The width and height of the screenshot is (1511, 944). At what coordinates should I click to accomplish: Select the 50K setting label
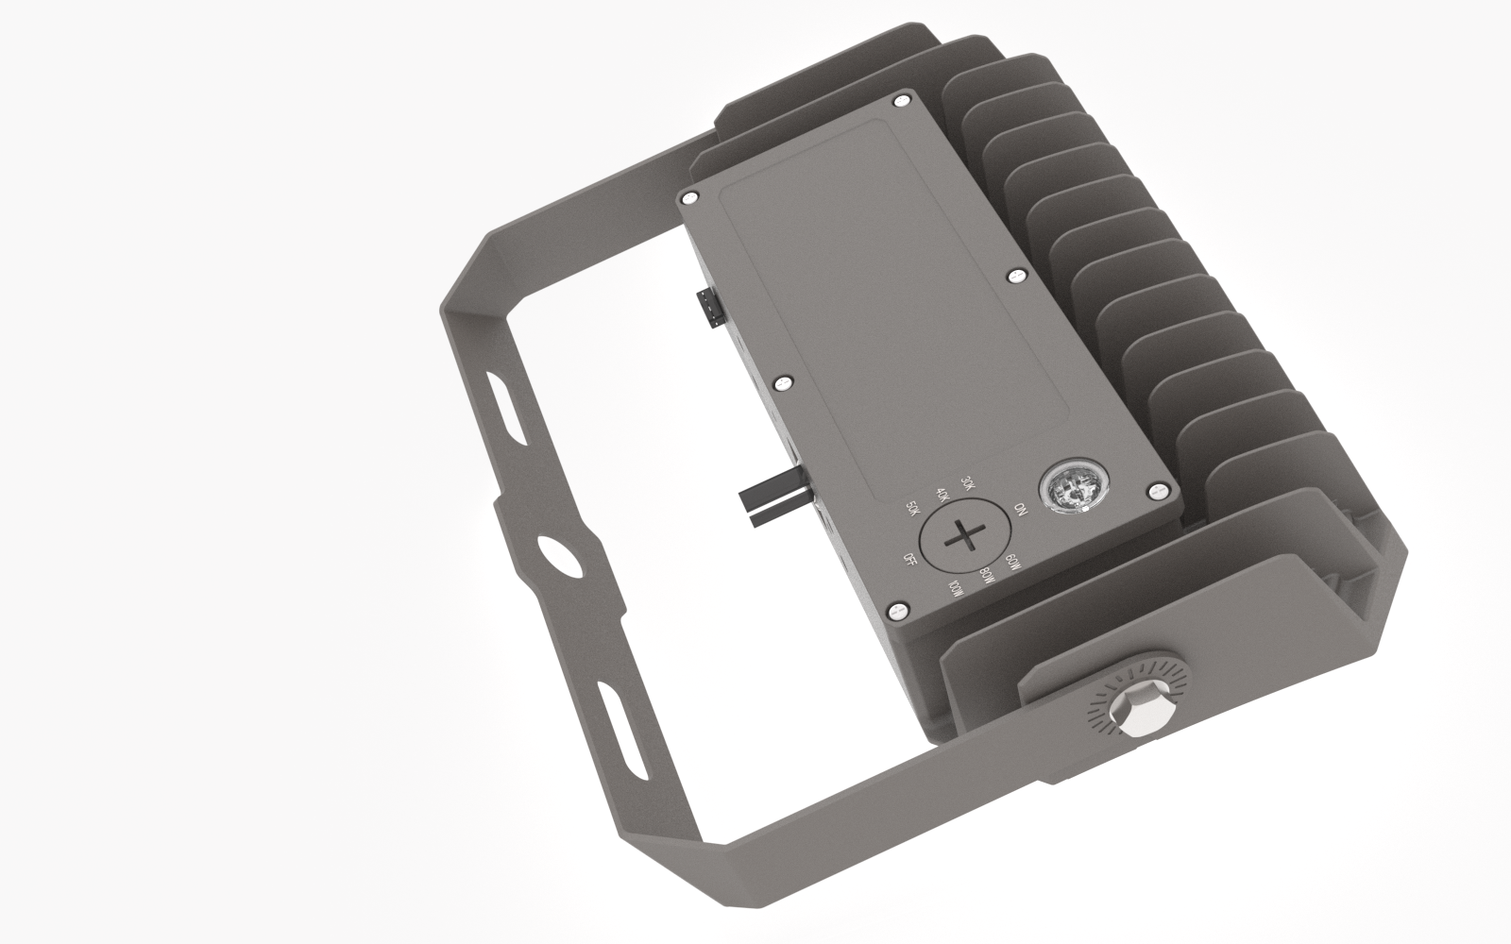pos(911,509)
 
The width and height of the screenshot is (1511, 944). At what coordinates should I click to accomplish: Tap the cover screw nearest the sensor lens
pos(1157,492)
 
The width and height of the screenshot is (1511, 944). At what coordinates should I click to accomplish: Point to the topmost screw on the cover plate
pos(901,100)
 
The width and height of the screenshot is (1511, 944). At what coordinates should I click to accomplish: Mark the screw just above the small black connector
pos(690,196)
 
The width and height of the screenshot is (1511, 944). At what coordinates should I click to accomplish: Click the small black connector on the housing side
pos(705,310)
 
